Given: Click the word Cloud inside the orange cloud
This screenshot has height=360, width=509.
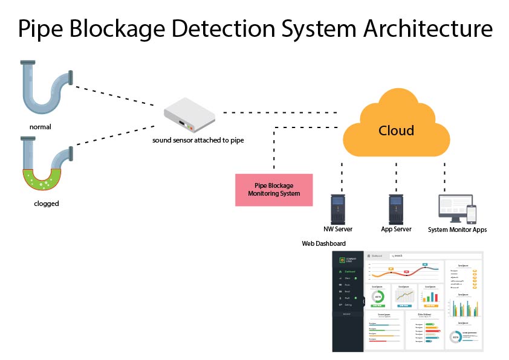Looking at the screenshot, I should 396,130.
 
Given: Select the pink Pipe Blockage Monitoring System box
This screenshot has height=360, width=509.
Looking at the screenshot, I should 274,190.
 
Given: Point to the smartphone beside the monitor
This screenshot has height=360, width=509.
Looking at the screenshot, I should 472,214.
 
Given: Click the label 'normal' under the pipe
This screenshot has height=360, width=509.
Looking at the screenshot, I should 41,127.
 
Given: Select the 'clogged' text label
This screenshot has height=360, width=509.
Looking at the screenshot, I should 46,204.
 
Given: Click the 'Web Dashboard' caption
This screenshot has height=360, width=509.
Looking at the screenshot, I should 323,243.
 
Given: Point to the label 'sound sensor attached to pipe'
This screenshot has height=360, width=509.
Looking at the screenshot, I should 198,141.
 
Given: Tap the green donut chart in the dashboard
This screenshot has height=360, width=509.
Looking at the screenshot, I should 378,297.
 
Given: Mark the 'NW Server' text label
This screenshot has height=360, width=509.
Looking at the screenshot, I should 338,230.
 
